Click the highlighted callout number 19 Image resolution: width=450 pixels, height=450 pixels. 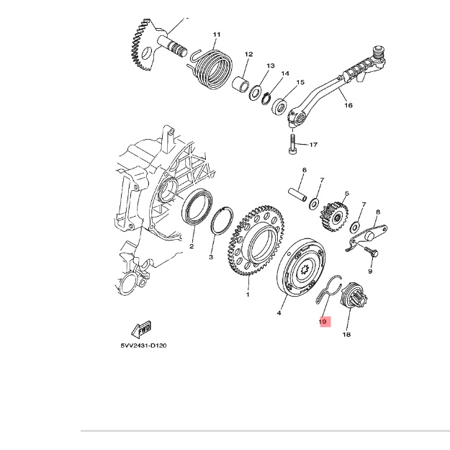(x=323, y=321)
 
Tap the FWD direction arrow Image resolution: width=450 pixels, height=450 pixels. (x=142, y=329)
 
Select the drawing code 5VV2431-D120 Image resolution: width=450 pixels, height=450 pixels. (x=143, y=346)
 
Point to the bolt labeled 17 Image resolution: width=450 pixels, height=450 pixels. (x=292, y=144)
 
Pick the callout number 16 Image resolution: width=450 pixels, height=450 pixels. (x=348, y=105)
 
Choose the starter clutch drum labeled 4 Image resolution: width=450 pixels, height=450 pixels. (x=301, y=269)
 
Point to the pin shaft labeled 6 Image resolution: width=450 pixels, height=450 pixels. (x=297, y=194)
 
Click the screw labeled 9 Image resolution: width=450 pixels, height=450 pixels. (x=371, y=252)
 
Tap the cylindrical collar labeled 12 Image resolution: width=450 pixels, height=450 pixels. (x=240, y=84)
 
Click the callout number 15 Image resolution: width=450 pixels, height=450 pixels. (x=300, y=82)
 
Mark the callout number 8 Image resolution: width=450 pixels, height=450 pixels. (x=378, y=212)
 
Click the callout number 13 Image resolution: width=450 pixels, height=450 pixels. (x=270, y=66)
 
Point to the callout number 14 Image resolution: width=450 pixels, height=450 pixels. (x=284, y=73)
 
